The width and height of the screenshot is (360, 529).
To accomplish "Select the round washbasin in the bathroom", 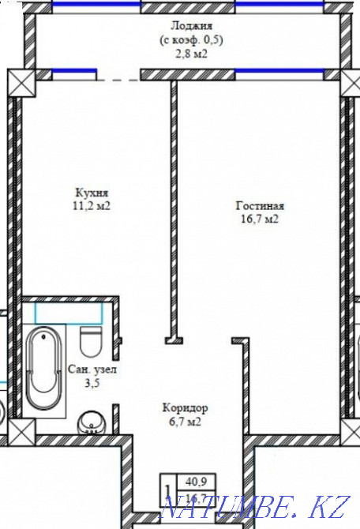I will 92,425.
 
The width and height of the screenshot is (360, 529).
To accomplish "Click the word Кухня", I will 92,192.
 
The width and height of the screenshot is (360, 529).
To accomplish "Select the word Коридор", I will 185,408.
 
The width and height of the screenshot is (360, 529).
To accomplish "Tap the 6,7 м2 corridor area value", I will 185,422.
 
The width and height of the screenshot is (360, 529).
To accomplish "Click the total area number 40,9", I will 193,479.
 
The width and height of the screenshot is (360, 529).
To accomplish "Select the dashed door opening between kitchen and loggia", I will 118,79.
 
